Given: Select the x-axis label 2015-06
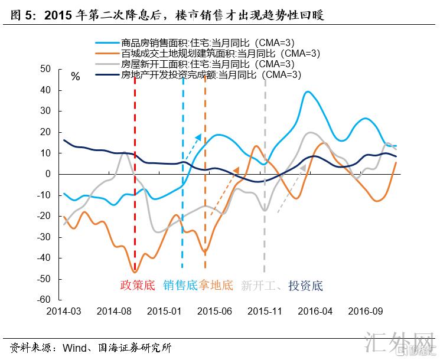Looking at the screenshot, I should pyautogui.click(x=214, y=311).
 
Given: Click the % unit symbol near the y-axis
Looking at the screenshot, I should pyautogui.click(x=75, y=77).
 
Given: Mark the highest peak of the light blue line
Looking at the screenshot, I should pyautogui.click(x=308, y=92).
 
